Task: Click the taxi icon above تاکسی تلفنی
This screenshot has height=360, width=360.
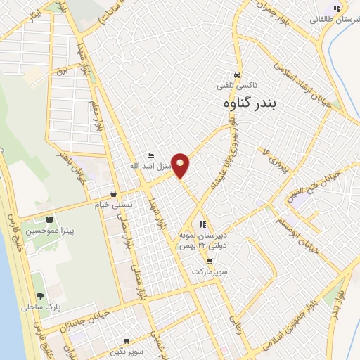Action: point(238,75)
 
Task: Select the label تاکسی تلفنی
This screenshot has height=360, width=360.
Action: point(237,85)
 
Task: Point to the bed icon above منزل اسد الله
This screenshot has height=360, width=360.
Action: point(150,155)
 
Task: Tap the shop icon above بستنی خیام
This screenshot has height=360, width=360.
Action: point(114,193)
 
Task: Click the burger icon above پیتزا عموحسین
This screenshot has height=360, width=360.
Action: point(49,219)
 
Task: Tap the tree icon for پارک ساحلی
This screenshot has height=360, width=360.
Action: point(38,297)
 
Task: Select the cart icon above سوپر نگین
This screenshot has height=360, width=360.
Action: point(150,340)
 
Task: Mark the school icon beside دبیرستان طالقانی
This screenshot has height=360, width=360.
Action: point(337,8)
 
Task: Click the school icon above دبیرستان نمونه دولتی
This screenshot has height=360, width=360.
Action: point(203,224)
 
